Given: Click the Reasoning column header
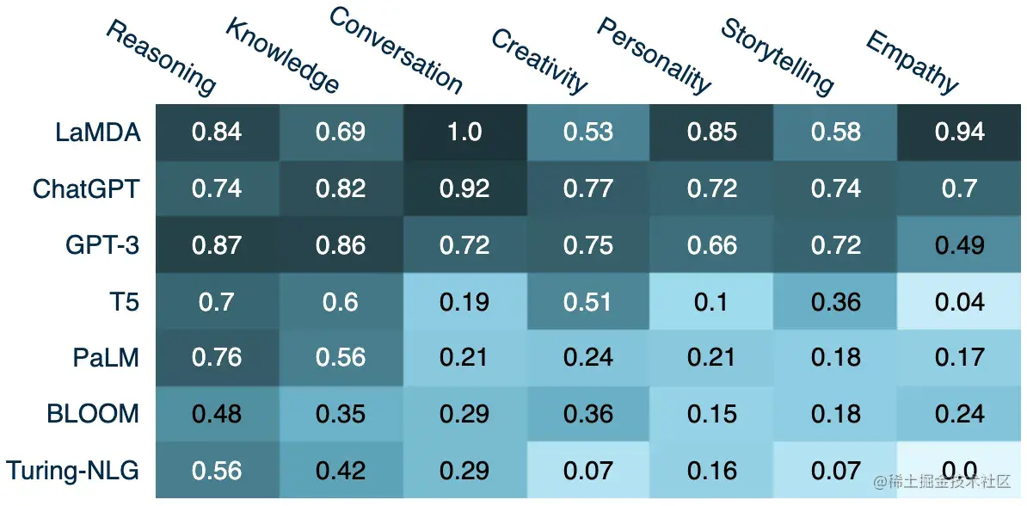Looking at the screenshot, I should pos(161,58).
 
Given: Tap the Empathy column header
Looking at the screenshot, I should pos(912,61).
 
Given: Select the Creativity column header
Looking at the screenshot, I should pos(539,60).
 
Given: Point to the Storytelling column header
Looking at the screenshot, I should pos(778,56).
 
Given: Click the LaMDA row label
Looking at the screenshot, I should pos(97,132).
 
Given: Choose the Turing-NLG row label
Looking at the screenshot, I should pos(72,470).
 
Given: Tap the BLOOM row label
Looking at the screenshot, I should pos(93,414).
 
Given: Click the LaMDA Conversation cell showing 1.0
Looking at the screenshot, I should pos(464,132).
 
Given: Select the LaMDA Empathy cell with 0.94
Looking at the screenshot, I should pos(960,132).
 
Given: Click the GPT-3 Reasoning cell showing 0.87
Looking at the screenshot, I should pos(217,244).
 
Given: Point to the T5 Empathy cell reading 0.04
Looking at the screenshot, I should pos(960,301).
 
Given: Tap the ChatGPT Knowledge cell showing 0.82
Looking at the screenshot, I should pos(341,188).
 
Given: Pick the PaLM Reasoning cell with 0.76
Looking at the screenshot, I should pos(217,357).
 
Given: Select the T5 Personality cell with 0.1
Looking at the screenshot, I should pos(712,301).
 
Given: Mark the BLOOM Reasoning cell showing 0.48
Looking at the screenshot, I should pos(217,414).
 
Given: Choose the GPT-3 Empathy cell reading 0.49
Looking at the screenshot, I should pos(960,244).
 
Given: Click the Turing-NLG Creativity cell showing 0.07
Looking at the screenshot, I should pos(588,470).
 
